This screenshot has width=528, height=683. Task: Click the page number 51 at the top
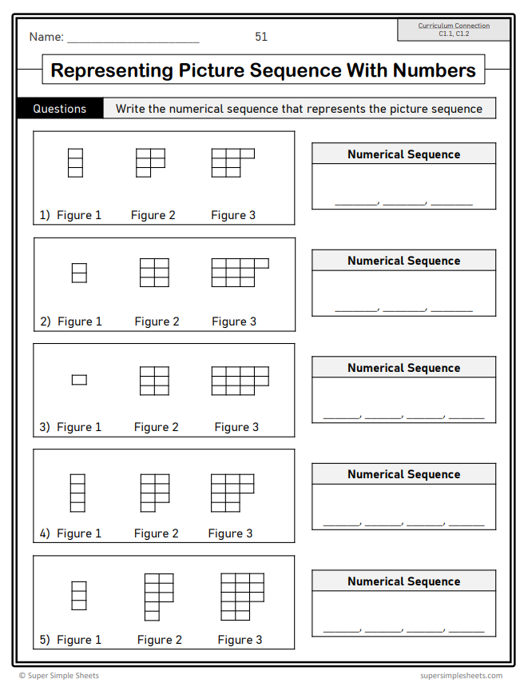(x=261, y=37)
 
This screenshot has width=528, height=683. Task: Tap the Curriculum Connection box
(x=454, y=30)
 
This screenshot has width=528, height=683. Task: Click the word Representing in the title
(x=111, y=70)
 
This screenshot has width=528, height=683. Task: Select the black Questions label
(x=60, y=109)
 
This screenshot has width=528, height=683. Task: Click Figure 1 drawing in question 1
(x=75, y=162)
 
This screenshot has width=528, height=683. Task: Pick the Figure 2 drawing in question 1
(x=149, y=162)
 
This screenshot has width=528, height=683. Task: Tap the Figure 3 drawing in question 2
(x=239, y=272)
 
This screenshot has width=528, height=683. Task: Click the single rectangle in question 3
(x=79, y=380)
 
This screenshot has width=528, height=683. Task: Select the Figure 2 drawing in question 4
(x=154, y=492)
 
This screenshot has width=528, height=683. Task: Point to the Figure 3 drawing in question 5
(x=242, y=596)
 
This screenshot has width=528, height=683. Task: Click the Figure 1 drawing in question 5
(x=79, y=596)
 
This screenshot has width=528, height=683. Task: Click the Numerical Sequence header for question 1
(x=403, y=154)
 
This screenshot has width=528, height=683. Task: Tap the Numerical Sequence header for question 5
(x=403, y=581)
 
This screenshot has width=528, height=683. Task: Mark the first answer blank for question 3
(x=341, y=416)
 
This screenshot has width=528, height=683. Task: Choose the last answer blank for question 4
(x=466, y=523)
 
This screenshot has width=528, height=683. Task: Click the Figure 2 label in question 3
(x=157, y=427)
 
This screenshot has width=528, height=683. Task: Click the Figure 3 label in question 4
(x=230, y=533)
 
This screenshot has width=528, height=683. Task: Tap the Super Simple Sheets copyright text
(x=59, y=676)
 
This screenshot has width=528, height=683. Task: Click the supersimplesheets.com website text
(x=461, y=676)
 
